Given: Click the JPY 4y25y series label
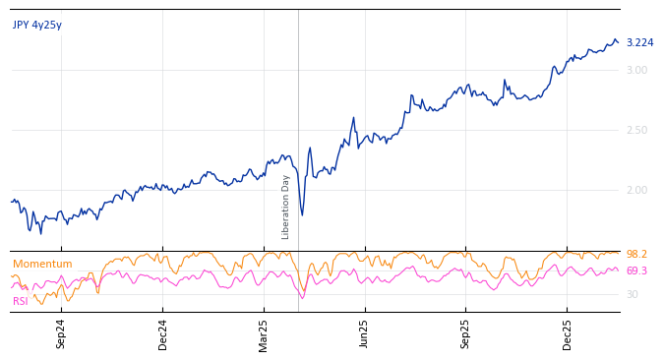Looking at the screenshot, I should point(37,26).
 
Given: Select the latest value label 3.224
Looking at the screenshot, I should point(639,43).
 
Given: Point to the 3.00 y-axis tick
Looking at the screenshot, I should point(636,71).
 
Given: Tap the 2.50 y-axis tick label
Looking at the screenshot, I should point(636,131).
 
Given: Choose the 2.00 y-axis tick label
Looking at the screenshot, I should point(636,191).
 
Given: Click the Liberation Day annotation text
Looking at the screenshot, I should point(286,207).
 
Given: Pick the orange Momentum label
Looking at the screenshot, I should point(42,265).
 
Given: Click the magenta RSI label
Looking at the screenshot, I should point(21,302).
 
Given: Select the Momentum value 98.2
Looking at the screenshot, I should point(636,255).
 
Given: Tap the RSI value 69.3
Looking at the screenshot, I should point(636,271).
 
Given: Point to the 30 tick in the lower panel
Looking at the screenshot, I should point(633,295).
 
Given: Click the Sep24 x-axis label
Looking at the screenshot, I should point(61,333).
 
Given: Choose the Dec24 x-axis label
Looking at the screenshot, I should point(163,333).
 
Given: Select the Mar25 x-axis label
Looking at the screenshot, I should point(264,333).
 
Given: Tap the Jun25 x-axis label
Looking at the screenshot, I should point(365,333).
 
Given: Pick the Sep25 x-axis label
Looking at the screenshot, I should point(466,333).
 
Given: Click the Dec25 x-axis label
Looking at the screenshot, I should point(568,333).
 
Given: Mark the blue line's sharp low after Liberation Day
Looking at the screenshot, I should point(302,215).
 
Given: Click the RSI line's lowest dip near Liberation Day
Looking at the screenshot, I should point(302,297).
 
